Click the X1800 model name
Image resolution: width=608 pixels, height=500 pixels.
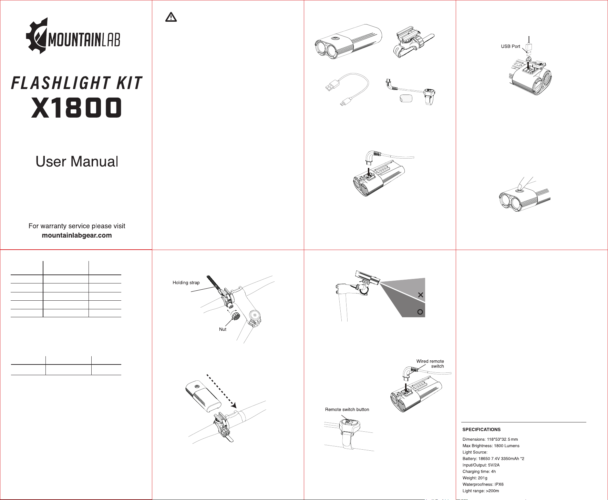(76, 108)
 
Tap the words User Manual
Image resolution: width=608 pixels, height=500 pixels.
(77, 161)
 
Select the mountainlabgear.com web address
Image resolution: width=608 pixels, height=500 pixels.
(77, 236)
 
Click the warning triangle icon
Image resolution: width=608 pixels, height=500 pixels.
(171, 17)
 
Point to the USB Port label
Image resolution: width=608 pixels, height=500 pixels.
(511, 47)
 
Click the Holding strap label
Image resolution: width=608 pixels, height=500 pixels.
(186, 283)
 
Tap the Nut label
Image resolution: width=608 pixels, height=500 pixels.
(223, 329)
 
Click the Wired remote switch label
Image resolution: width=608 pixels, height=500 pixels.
(430, 364)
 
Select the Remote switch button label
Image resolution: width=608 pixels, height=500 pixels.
(347, 410)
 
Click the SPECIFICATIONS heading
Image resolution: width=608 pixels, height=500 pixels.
(481, 430)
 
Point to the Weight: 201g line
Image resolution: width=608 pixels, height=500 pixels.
(475, 478)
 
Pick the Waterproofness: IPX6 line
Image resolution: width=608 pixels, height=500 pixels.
(483, 484)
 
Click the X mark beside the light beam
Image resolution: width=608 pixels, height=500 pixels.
(420, 295)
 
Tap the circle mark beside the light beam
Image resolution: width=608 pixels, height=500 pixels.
(420, 312)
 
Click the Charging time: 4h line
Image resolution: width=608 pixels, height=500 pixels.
(479, 472)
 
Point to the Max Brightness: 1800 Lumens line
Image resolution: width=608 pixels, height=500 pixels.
(491, 446)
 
